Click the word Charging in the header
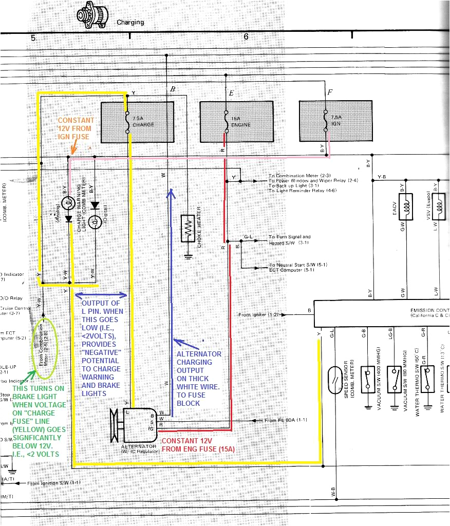pos(130,23)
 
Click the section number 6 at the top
pos(246,37)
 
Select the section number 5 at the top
pos(33,37)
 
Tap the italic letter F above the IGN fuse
pos(330,93)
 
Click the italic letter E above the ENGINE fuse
pos(231,93)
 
